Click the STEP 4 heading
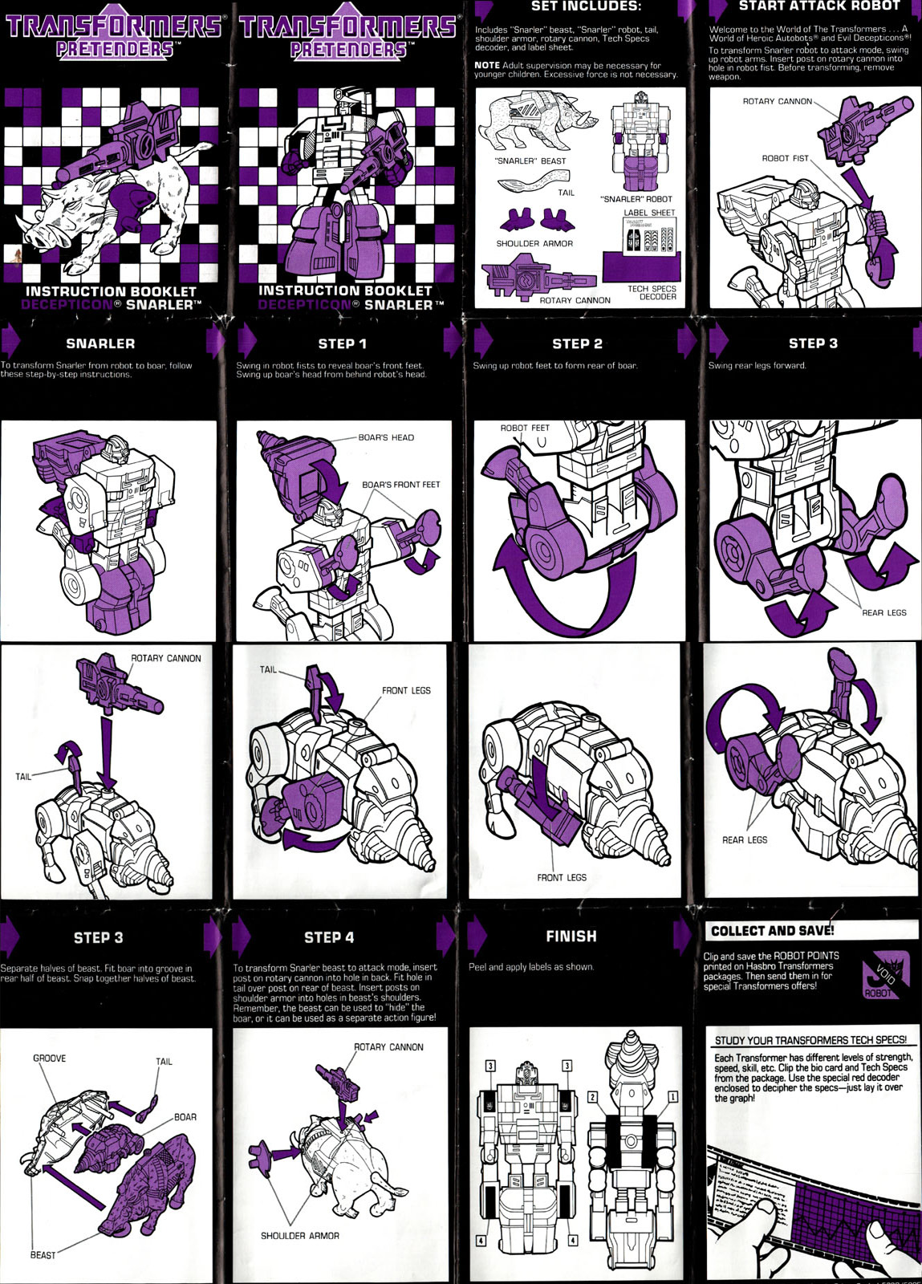(328, 937)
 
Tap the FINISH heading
(571, 936)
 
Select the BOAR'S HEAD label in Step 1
(386, 437)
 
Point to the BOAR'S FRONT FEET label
(400, 485)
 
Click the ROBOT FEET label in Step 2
(525, 428)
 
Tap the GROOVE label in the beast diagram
(49, 1058)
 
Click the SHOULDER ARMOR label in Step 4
(299, 1236)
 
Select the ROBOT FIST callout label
(785, 158)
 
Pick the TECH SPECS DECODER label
(652, 293)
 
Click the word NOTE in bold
(486, 65)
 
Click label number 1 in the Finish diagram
(672, 1096)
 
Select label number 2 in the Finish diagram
(592, 1096)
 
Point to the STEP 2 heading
(576, 343)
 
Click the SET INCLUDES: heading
(586, 6)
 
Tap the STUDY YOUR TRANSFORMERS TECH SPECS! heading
(810, 1040)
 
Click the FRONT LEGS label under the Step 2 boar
(561, 877)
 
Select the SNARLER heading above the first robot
(100, 343)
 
